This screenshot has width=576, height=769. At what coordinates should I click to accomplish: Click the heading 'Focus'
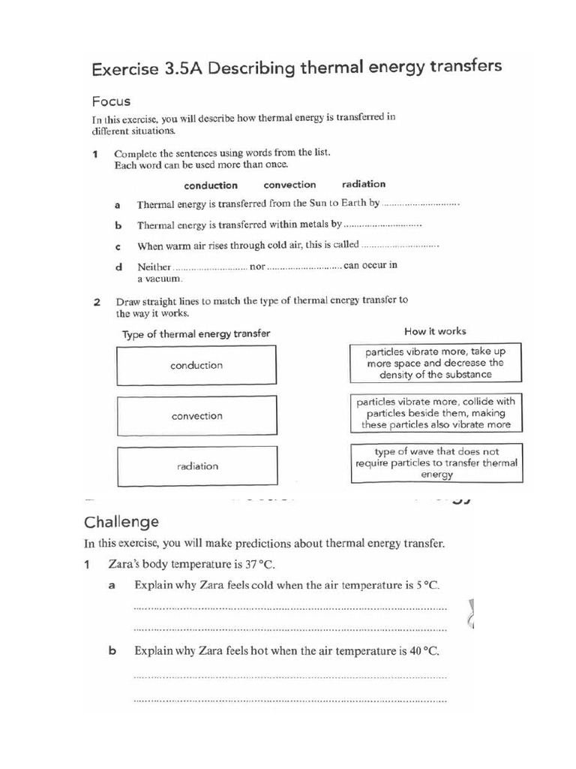[x=111, y=101]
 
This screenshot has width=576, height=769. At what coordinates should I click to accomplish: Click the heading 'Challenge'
[x=121, y=521]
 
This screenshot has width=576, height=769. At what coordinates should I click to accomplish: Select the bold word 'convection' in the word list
[x=289, y=185]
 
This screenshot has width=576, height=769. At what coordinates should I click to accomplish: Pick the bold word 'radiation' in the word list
[x=363, y=184]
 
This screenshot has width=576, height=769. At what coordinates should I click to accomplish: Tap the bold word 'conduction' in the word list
[x=211, y=185]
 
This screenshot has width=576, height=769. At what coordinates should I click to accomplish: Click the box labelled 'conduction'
[x=196, y=366]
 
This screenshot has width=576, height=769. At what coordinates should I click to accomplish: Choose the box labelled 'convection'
[x=196, y=416]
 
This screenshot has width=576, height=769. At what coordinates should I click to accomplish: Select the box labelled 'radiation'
[x=196, y=466]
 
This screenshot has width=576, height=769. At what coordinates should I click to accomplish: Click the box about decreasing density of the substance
[x=436, y=363]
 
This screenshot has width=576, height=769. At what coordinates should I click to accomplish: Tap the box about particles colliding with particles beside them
[x=436, y=413]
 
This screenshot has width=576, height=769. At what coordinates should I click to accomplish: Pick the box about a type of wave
[x=436, y=463]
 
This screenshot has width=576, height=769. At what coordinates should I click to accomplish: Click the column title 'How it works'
[x=435, y=331]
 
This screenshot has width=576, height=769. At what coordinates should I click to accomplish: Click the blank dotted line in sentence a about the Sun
[x=420, y=204]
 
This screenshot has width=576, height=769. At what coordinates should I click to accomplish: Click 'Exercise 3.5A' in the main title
[x=146, y=69]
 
